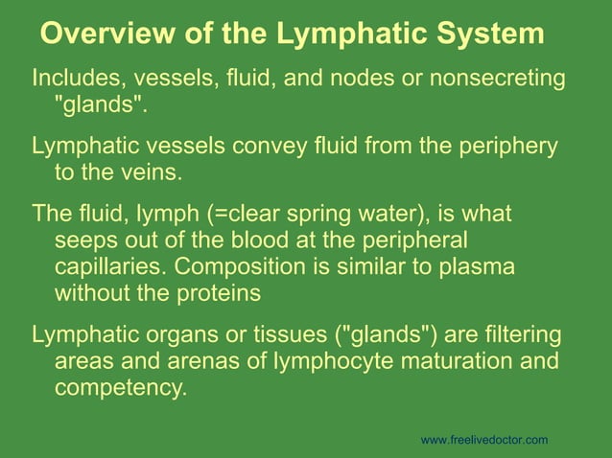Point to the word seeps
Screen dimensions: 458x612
click(85, 240)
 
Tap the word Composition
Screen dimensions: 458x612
click(250, 266)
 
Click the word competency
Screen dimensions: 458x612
click(119, 389)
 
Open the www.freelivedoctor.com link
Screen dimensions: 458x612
click(484, 440)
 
